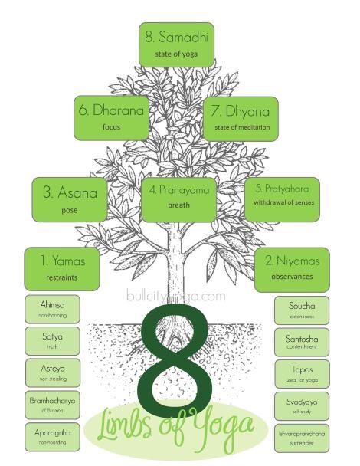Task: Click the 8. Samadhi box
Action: pyautogui.click(x=176, y=44)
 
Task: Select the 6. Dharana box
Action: pyautogui.click(x=111, y=118)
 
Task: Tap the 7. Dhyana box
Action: pyautogui.click(x=241, y=119)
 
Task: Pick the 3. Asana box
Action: pyautogui.click(x=70, y=200)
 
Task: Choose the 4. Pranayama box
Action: pyautogui.click(x=178, y=200)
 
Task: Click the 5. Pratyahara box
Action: pyautogui.click(x=282, y=199)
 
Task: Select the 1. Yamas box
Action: pyautogui.click(x=62, y=269)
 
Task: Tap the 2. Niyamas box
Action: pyautogui.click(x=292, y=270)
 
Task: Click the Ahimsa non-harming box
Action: pyautogui.click(x=52, y=309)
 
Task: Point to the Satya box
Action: pyautogui.click(x=52, y=341)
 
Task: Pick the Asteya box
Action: pyautogui.click(x=53, y=372)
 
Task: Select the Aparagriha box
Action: pyautogui.click(x=52, y=437)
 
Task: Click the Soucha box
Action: pyautogui.click(x=302, y=310)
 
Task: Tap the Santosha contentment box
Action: pyautogui.click(x=302, y=342)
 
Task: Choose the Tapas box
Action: pyautogui.click(x=302, y=374)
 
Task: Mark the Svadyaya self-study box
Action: pyautogui.click(x=302, y=406)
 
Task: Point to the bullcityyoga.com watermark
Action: pyautogui.click(x=176, y=296)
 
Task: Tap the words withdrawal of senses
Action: pyautogui.click(x=283, y=202)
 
